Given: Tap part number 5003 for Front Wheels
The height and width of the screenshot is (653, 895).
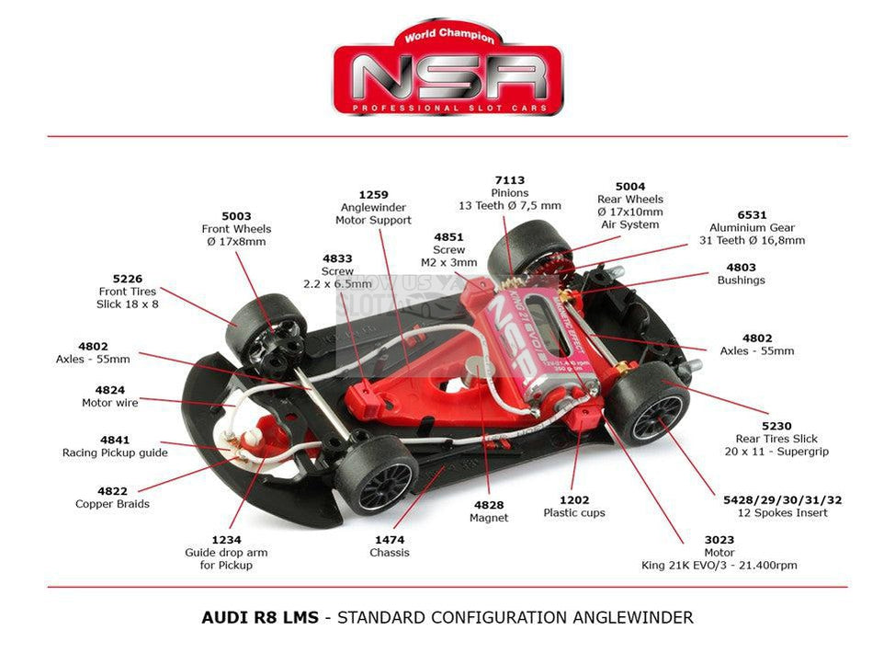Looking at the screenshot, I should [235, 216].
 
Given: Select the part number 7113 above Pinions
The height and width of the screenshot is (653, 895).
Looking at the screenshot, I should [509, 180].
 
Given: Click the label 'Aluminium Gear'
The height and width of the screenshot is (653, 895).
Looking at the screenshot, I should [752, 227].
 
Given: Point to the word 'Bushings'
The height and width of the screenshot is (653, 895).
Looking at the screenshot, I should [741, 280].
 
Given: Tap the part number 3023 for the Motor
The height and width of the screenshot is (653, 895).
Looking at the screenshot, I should [694, 540].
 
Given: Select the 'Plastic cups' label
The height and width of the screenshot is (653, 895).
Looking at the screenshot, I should [574, 512].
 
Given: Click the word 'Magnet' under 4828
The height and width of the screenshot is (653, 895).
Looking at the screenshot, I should [488, 518].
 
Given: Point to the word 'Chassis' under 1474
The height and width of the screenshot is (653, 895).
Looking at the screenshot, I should [390, 553].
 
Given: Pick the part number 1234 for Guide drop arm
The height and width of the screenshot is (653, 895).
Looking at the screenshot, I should [226, 540].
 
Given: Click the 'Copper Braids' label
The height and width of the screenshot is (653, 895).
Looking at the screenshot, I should [112, 504].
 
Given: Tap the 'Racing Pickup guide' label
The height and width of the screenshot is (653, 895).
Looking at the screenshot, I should [115, 453].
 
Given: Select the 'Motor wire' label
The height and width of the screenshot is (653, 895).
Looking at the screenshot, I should [110, 403].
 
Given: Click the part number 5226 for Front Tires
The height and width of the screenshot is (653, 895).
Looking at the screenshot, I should [128, 278].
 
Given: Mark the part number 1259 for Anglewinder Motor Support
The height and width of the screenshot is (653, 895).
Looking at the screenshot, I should [373, 195].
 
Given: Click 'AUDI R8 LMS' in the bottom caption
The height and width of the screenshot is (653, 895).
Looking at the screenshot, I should [261, 617].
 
